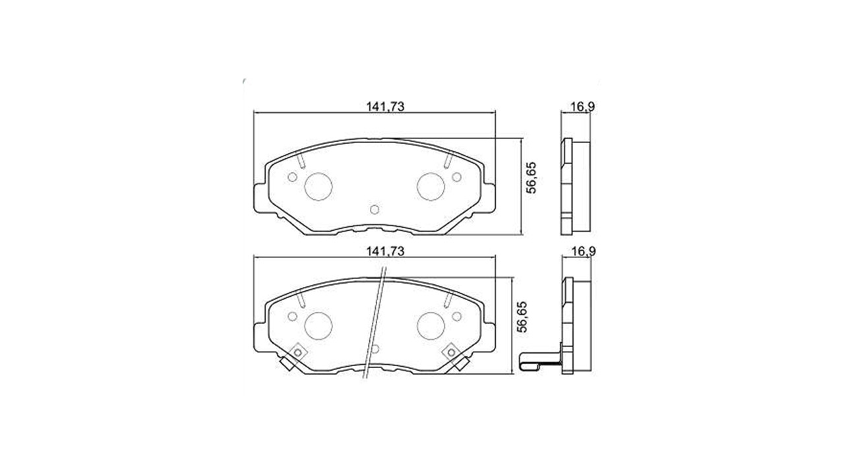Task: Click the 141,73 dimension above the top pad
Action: point(385,107)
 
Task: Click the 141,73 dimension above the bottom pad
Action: point(385,251)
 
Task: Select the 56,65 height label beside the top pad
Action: point(531,177)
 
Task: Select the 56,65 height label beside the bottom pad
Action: point(522,317)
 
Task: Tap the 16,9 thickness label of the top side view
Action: point(582,107)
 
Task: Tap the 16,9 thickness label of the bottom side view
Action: point(584,251)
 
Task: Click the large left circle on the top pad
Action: point(318,187)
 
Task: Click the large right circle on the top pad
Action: point(431,187)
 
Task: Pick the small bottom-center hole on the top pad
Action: point(375,210)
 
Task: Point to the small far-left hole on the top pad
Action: point(292,177)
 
